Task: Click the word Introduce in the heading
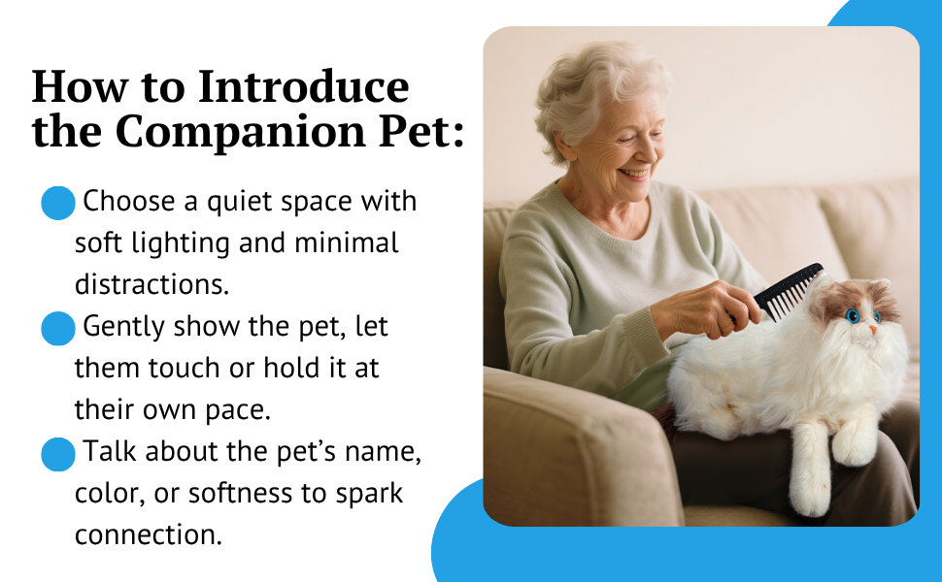click(x=304, y=87)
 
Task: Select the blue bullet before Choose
click(x=58, y=204)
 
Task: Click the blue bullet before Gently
click(x=58, y=329)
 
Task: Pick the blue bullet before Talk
click(x=58, y=454)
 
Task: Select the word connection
click(x=148, y=534)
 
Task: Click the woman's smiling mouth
click(x=636, y=174)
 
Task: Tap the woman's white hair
click(x=583, y=87)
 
